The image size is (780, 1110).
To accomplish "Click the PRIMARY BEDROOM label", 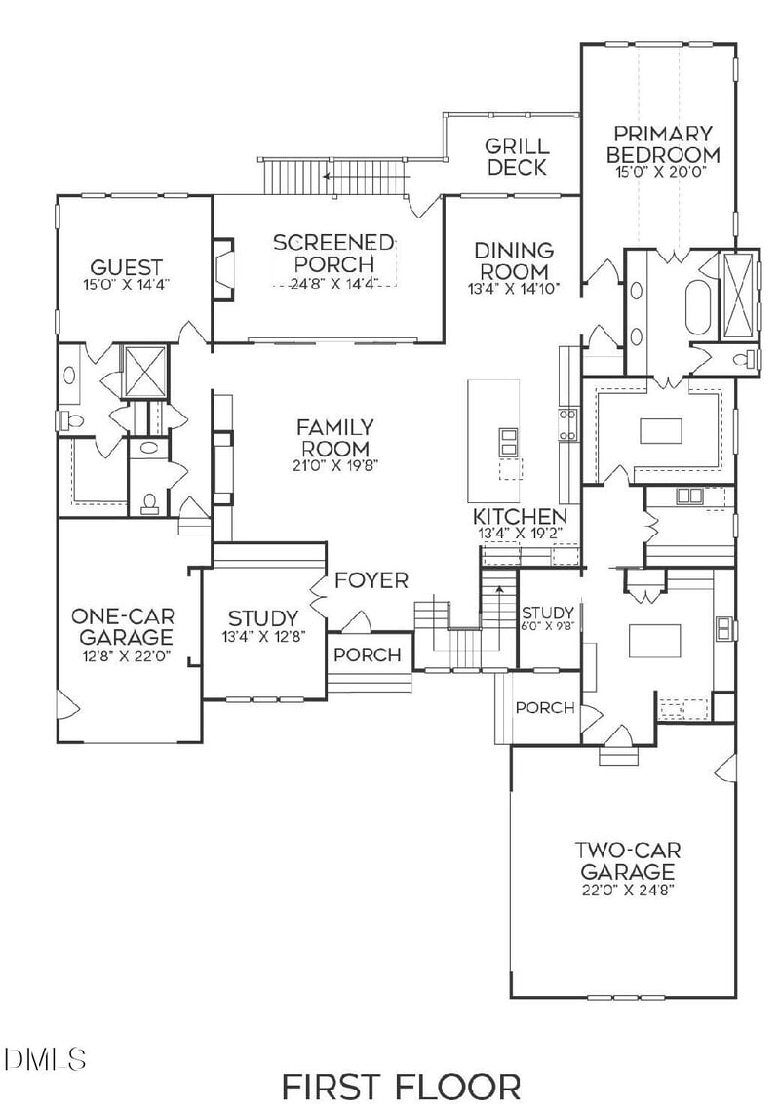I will coord(663,143).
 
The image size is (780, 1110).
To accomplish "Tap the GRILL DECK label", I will coord(517,156).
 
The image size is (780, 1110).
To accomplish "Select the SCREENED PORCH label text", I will coord(333,253).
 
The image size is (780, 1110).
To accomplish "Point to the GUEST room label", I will coord(126,267).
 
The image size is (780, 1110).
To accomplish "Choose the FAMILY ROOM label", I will coord(334,437).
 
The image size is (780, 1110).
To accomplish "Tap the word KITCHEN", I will coord(520,516).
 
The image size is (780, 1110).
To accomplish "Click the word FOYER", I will coord(370,580).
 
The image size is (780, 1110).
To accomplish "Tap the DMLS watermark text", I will coord(45,1057).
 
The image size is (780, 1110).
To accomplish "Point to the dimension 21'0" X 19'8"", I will coord(334,465).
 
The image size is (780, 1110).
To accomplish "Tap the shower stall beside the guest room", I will coord(144,371).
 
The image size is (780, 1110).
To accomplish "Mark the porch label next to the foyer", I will coord(367,654).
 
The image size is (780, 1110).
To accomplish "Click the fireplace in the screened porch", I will coord(223,269).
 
